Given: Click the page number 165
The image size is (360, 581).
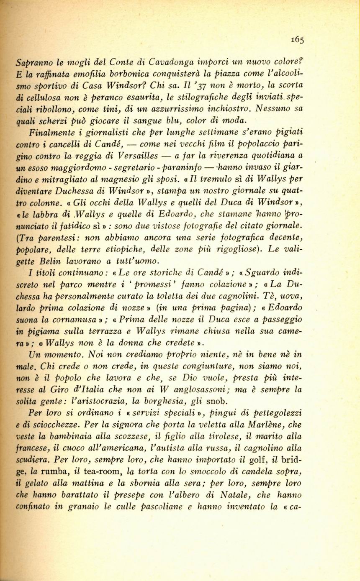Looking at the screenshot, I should tap(298, 40).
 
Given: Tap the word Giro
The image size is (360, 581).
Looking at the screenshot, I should tap(85, 389).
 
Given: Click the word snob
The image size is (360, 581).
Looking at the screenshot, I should tap(205, 401).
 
